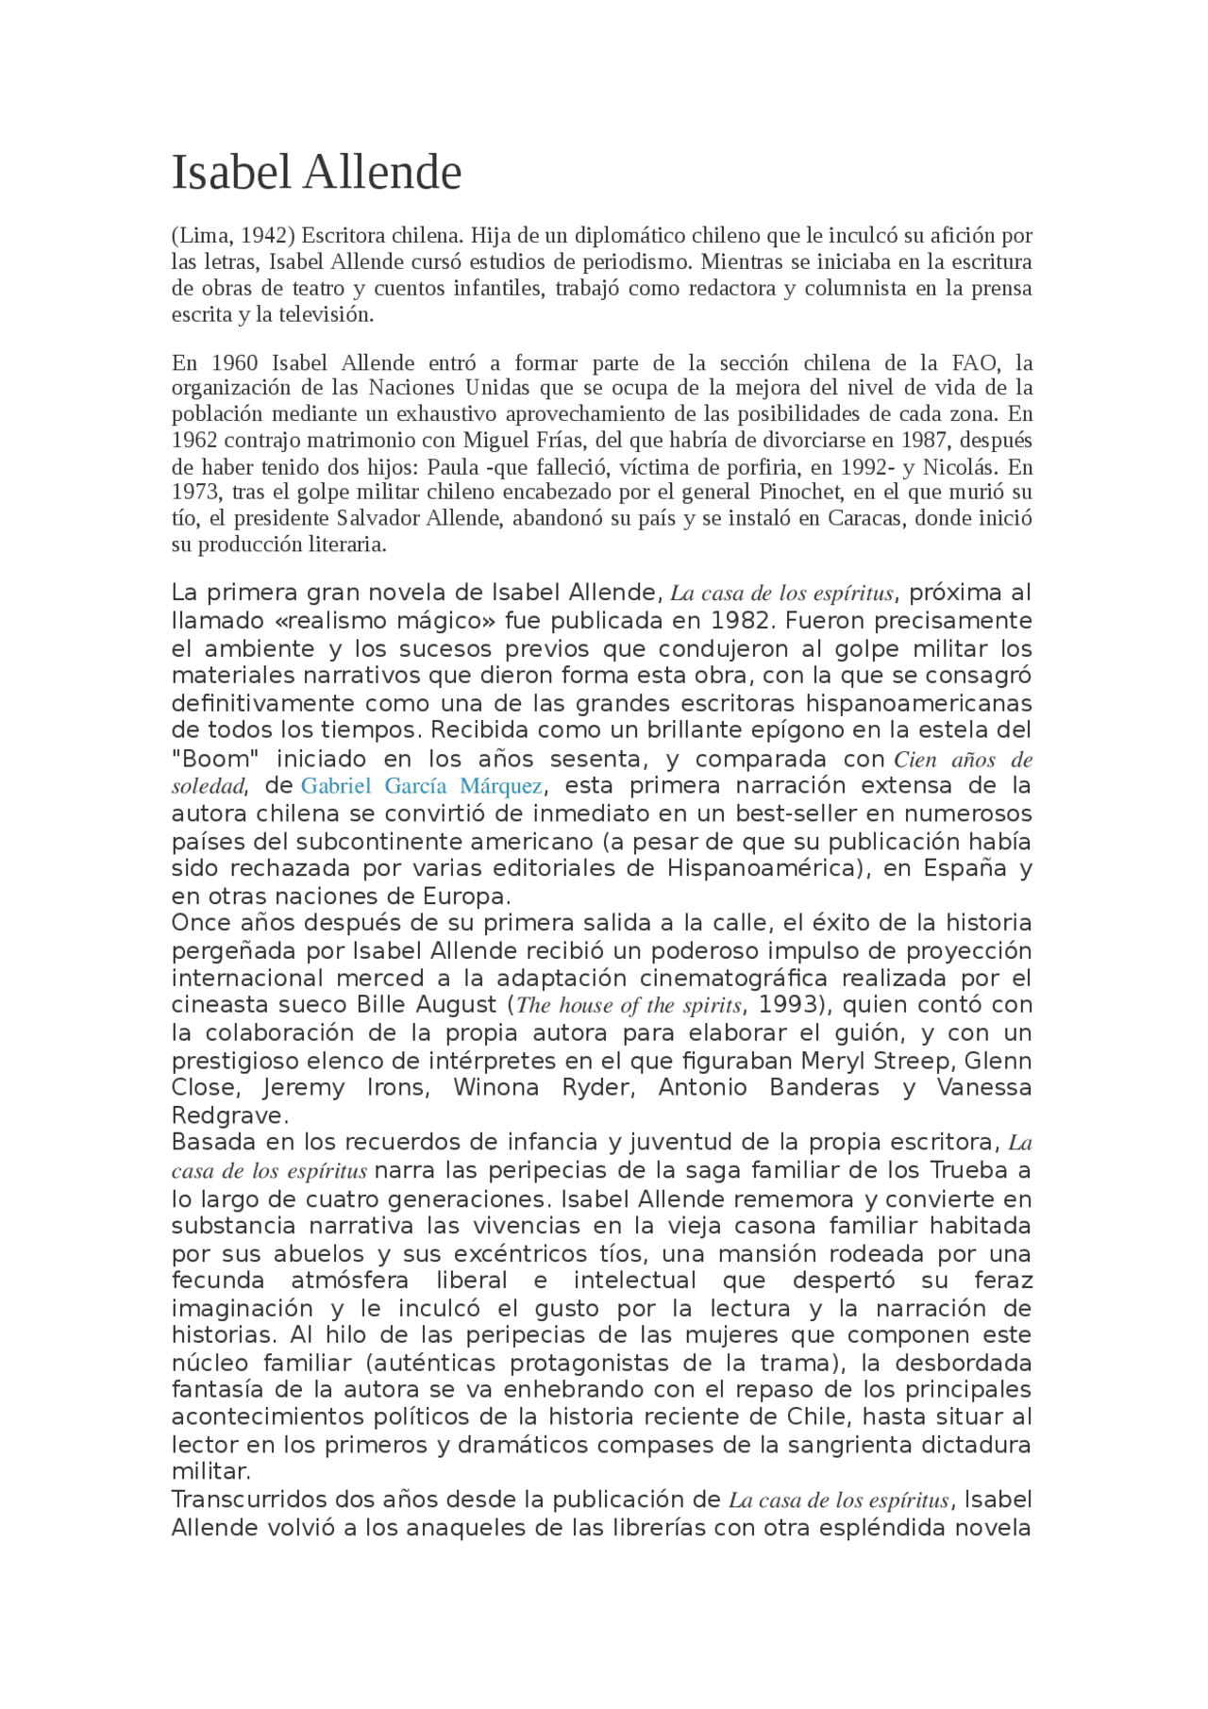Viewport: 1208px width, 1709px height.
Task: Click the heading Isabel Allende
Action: pos(316,173)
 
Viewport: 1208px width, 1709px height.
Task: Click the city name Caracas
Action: pos(864,518)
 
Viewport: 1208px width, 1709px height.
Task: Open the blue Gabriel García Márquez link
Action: pos(421,786)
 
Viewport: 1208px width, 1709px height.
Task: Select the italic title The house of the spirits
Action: pos(629,1005)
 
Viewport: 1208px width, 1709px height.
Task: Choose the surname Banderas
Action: pos(824,1088)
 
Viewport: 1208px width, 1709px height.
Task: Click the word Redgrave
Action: pos(226,1115)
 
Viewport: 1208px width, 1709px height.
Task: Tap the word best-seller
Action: pos(795,813)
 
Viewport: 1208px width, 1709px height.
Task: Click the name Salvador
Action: pos(378,518)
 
